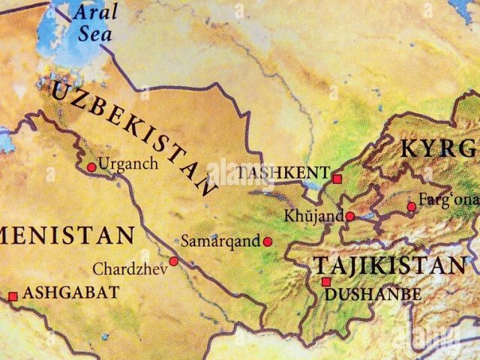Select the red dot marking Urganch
(x=91, y=167)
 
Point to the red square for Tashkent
(x=337, y=179)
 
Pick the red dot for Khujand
(x=350, y=217)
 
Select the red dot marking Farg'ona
(x=411, y=207)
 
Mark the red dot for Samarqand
(x=267, y=241)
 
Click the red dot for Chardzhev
(x=173, y=261)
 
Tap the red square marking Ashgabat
(x=13, y=297)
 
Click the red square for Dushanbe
(x=325, y=282)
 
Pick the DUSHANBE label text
(x=373, y=295)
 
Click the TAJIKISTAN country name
(x=388, y=265)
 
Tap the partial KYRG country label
(x=439, y=148)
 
